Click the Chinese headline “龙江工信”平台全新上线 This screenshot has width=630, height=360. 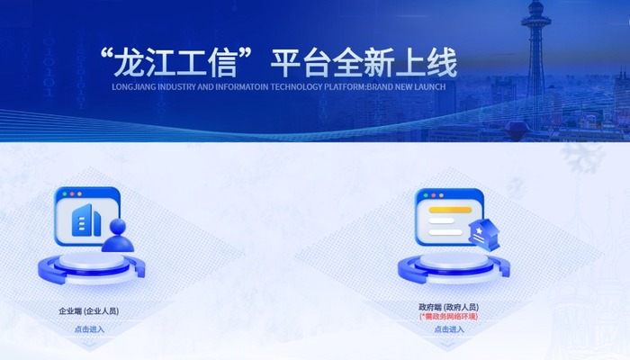tap(278, 63)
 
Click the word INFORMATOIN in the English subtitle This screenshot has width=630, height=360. tap(241, 86)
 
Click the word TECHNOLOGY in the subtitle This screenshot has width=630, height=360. tap(296, 86)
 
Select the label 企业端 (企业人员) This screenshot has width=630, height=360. tap(89, 311)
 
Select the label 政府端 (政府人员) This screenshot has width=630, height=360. tap(448, 308)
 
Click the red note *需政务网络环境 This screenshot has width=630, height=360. tap(448, 317)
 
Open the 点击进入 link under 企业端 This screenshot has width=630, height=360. tap(89, 329)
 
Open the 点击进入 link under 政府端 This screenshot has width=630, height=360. tap(449, 329)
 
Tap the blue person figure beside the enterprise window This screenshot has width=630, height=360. tap(118, 236)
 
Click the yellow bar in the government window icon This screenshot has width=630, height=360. tap(450, 210)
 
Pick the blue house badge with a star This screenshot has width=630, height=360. tap(484, 236)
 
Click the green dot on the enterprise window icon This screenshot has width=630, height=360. tap(64, 194)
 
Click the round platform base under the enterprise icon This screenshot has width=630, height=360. tap(91, 267)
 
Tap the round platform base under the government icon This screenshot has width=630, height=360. tap(454, 267)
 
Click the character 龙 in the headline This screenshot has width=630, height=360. tap(129, 63)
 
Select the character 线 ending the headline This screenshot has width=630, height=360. tap(443, 63)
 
